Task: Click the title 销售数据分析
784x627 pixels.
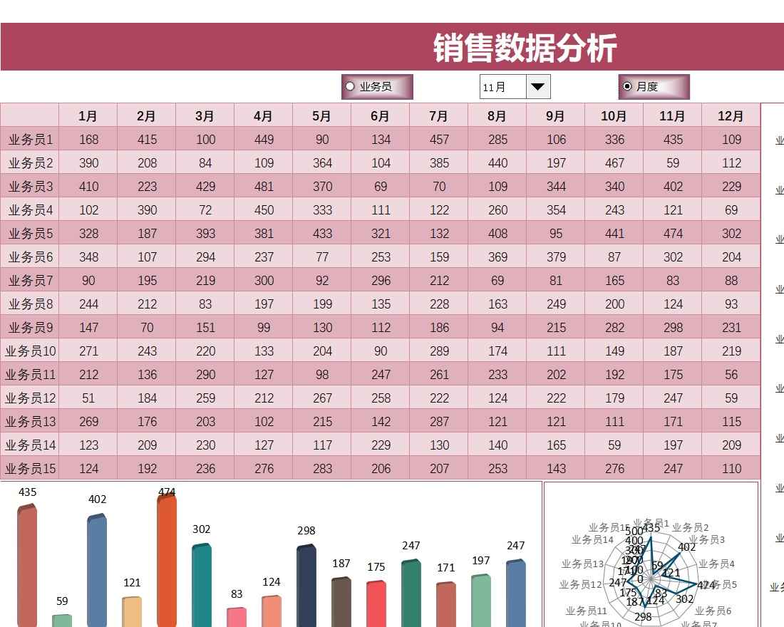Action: click(525, 48)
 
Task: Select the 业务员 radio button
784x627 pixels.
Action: click(350, 87)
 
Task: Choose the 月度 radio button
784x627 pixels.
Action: click(627, 86)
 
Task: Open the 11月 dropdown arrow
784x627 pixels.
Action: click(538, 87)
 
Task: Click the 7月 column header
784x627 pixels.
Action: click(439, 115)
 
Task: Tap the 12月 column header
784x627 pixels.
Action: click(731, 115)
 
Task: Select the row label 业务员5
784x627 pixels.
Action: click(30, 234)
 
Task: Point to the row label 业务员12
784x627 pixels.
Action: click(30, 398)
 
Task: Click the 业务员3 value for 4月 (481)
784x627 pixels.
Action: click(264, 187)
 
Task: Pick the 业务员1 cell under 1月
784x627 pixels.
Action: click(88, 140)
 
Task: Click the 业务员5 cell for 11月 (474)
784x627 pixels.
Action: click(673, 234)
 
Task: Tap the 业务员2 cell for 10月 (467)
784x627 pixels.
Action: click(614, 163)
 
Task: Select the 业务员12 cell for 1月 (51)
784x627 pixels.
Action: click(88, 398)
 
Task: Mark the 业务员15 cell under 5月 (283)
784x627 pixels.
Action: click(322, 469)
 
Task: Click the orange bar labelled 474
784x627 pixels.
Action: click(167, 563)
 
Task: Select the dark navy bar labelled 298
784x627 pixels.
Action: click(306, 588)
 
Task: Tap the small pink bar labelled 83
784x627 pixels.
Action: click(237, 618)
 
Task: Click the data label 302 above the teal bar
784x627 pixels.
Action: click(202, 529)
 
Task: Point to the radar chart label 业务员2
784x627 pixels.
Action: click(691, 527)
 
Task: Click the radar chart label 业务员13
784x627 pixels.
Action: click(582, 564)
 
